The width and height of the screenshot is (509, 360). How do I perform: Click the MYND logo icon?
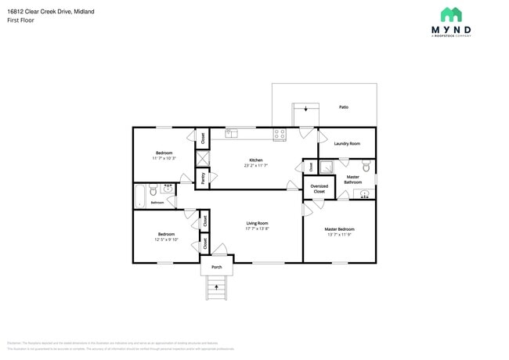[x=450, y=14]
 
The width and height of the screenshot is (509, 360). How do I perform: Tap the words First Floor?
[x=20, y=20]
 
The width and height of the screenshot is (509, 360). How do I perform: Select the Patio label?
[x=343, y=106]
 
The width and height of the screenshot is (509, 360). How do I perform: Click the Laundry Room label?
[x=346, y=143]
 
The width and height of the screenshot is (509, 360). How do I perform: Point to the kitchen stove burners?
[x=279, y=135]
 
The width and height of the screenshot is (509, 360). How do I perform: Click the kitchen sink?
[x=231, y=135]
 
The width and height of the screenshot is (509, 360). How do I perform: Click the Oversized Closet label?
[x=319, y=189]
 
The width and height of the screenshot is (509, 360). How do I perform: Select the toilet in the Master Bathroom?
[x=366, y=166]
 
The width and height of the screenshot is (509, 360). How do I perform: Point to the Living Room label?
[x=257, y=223]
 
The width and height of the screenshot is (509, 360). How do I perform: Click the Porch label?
[x=217, y=267]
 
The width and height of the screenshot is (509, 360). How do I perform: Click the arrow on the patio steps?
[x=305, y=110]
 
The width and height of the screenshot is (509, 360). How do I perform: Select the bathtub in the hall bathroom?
[x=140, y=195]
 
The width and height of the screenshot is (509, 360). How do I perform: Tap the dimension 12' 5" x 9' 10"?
[x=166, y=239]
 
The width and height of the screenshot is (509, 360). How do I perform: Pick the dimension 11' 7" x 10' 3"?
[x=164, y=158]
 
